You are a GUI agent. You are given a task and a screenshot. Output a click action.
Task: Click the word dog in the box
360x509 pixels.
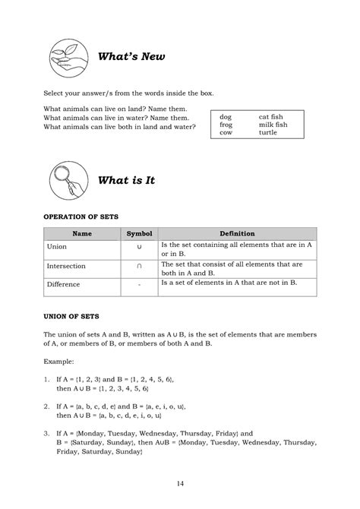[225, 117]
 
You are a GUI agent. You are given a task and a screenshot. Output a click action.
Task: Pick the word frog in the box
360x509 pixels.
[226, 125]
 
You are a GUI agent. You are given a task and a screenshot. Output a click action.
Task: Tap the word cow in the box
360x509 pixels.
[226, 132]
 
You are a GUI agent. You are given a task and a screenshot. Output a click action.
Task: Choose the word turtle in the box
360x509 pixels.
[268, 132]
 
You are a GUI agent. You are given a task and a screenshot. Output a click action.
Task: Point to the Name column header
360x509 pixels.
[82, 233]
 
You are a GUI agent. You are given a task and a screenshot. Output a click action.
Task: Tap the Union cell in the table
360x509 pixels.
[57, 248]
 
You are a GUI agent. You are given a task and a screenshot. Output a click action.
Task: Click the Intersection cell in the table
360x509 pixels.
[66, 267]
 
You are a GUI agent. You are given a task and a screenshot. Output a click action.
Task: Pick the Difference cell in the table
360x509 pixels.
[63, 286]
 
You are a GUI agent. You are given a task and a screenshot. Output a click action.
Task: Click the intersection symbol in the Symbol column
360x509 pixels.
[139, 267]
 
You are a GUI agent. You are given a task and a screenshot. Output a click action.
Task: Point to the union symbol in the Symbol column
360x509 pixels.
[139, 248]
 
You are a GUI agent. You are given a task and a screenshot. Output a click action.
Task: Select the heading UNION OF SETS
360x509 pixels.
[72, 314]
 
